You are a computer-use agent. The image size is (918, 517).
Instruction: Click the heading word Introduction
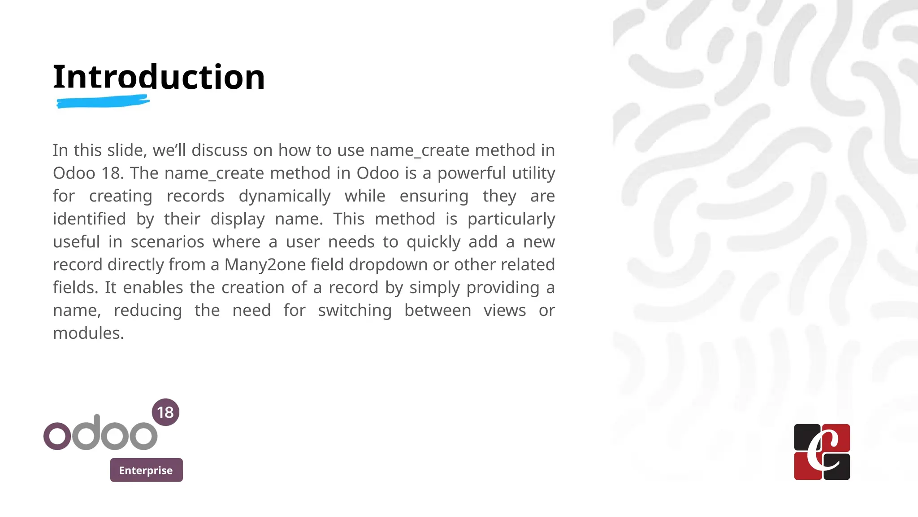point(159,77)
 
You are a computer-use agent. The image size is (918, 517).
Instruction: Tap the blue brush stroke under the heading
point(103,102)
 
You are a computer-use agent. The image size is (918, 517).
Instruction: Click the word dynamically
point(285,196)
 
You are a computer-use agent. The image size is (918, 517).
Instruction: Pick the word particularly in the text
point(511,219)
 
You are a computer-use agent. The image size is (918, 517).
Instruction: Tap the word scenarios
point(167,242)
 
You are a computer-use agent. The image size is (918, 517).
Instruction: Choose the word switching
point(355,311)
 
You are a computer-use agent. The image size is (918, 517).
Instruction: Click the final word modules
point(88,333)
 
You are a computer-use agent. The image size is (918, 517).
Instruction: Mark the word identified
point(89,219)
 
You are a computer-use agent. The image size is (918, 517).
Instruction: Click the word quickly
point(433,242)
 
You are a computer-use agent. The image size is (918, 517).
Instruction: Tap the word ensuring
point(434,196)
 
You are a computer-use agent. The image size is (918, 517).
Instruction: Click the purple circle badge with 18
point(165,412)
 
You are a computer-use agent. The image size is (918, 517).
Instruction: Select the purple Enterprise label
point(146,470)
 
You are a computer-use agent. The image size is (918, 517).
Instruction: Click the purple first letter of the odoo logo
point(57,436)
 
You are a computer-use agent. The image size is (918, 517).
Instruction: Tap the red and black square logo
point(822,452)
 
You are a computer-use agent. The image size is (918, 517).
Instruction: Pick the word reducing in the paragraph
point(147,311)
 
